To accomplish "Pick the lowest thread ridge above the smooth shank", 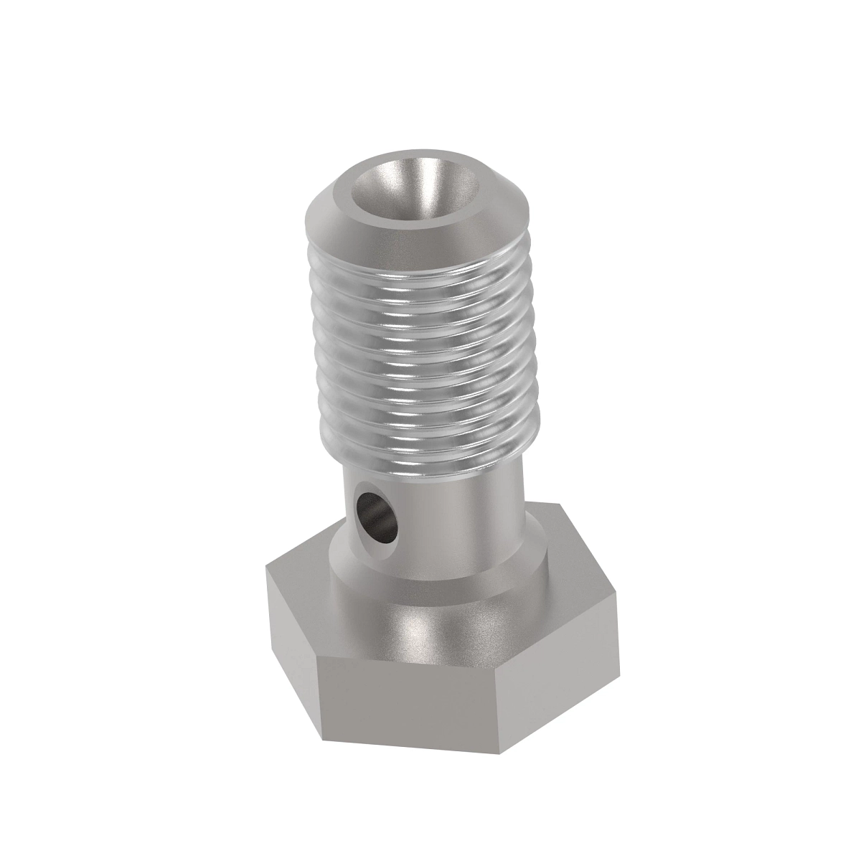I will pos(423,445).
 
